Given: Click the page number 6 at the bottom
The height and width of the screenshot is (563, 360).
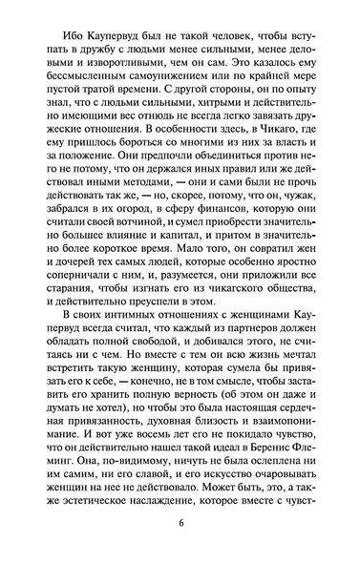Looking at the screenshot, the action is (x=180, y=525).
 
